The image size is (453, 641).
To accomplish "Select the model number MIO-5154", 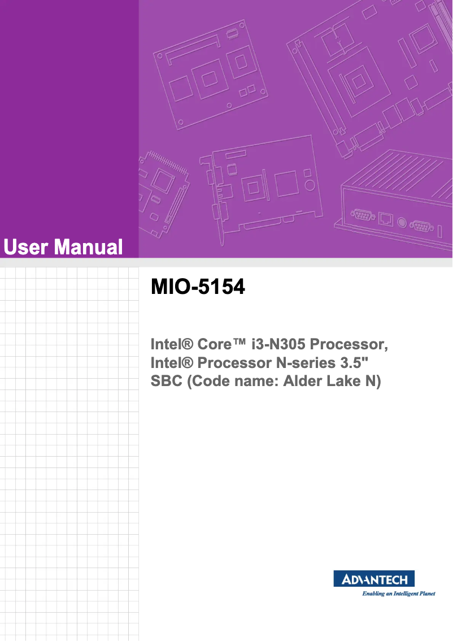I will [x=198, y=287].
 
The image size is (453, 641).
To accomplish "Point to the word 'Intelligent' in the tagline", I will [x=400, y=594].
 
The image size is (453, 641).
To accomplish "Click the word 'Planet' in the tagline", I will [x=427, y=594].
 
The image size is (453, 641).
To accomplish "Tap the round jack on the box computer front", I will [x=402, y=222].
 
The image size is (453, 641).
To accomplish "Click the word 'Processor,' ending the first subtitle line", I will [x=349, y=344].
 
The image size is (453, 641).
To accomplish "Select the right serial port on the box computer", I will [x=421, y=227].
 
